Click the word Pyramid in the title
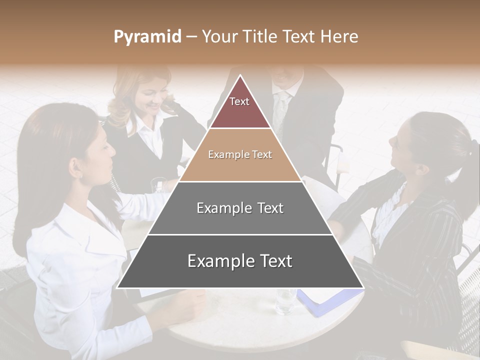click(147, 37)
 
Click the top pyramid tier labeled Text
click(239, 108)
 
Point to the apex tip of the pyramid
click(240, 76)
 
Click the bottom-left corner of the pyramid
click(118, 287)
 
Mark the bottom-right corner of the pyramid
click(362, 287)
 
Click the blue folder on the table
click(325, 300)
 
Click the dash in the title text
click(191, 37)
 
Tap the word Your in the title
click(219, 36)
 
